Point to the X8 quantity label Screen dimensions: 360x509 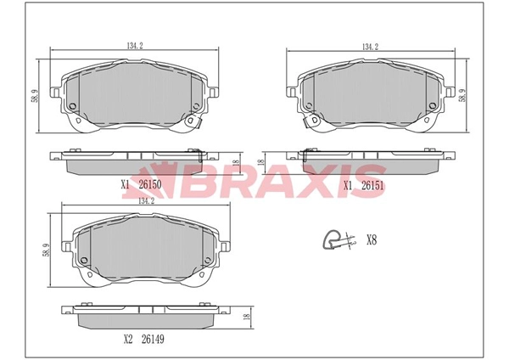point(371,240)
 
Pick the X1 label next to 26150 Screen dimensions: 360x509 point(125,183)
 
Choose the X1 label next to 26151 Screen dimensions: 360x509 point(348,183)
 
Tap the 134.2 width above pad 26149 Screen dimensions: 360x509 point(145,201)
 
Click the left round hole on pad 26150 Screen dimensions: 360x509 point(72,106)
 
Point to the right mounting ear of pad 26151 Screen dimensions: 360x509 point(444,88)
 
